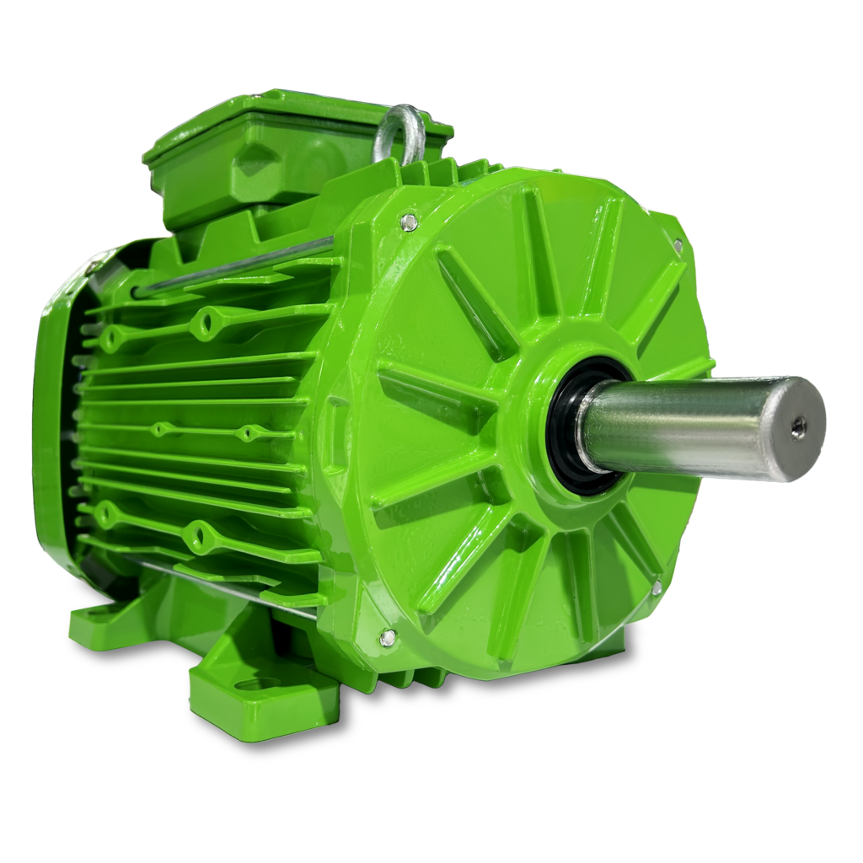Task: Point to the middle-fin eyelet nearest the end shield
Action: [247, 434]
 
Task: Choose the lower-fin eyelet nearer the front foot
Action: [200, 531]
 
